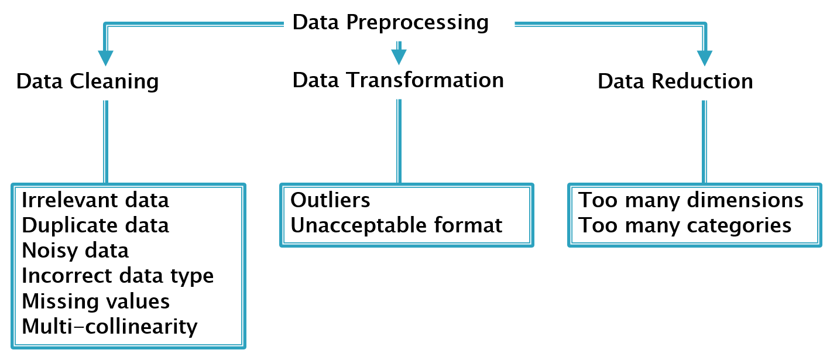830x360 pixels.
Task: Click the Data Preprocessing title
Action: click(390, 23)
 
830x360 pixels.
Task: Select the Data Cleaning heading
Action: click(87, 81)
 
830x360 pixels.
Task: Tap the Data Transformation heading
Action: click(398, 80)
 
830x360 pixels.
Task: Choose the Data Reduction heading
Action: click(675, 81)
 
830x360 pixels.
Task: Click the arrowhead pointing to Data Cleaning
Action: click(106, 57)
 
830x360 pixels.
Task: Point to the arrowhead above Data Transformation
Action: click(399, 56)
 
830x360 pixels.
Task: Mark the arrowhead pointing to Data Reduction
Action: click(705, 57)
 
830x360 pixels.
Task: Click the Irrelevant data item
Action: click(95, 200)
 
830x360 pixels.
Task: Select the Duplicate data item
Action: click(95, 225)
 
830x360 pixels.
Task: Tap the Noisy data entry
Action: click(76, 251)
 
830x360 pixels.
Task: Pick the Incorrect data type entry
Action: click(118, 276)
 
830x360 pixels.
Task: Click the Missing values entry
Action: click(96, 301)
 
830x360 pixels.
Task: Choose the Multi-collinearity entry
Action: click(109, 326)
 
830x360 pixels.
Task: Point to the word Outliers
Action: click(331, 200)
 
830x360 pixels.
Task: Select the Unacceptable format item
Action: click(396, 225)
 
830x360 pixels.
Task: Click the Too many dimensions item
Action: click(691, 200)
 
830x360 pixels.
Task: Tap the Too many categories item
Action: click(685, 225)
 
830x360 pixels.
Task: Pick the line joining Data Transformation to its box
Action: click(399, 140)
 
